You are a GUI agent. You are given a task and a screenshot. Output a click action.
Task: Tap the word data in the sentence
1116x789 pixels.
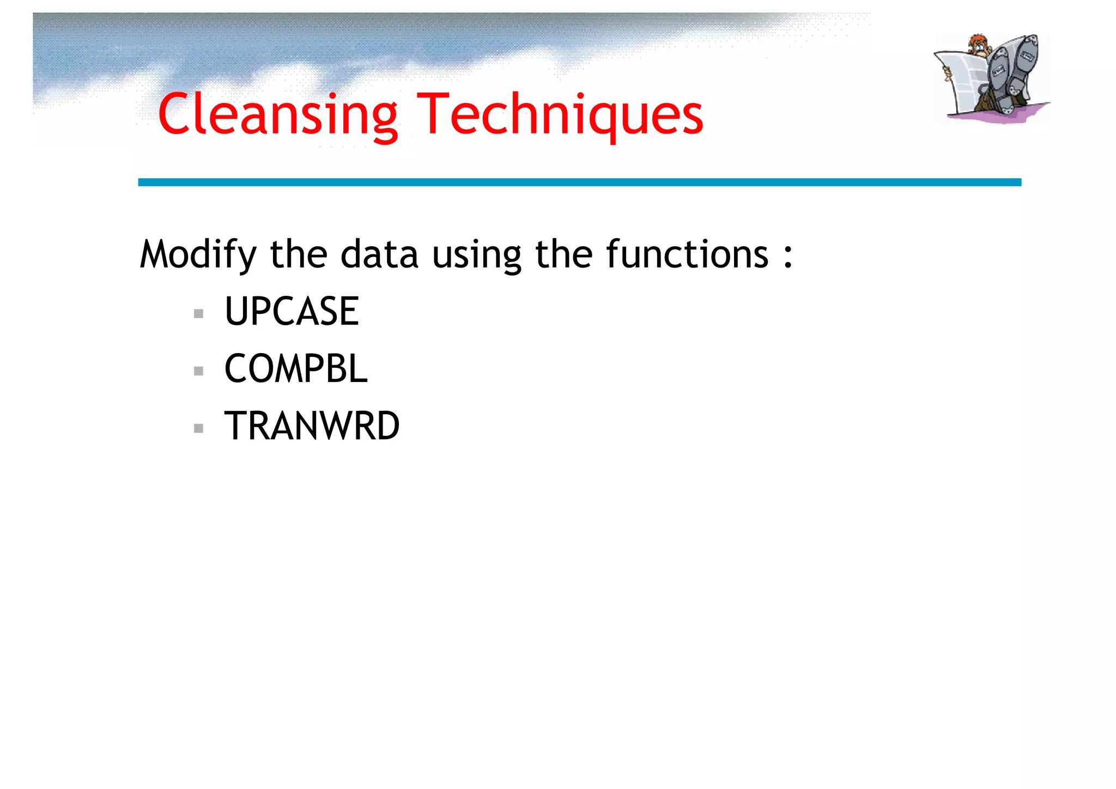pos(379,254)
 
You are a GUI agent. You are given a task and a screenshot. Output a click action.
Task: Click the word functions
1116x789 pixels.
pos(687,254)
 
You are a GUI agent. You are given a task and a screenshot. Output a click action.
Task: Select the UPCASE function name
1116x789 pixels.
pos(292,312)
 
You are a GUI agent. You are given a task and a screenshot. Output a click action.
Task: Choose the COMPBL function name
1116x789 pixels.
pos(296,369)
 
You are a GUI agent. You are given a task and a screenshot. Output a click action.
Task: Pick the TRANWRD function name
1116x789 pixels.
pos(312,426)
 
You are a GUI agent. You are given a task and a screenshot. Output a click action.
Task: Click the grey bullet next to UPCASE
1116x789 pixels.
pos(198,314)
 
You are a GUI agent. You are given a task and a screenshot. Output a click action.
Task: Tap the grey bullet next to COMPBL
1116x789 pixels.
pos(198,371)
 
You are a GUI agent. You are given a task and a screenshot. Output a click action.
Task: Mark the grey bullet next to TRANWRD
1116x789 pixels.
pos(198,428)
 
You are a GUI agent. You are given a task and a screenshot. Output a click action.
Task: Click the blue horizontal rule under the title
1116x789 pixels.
pos(579,182)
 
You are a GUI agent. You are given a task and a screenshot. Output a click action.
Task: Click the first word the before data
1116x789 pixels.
pos(298,254)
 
